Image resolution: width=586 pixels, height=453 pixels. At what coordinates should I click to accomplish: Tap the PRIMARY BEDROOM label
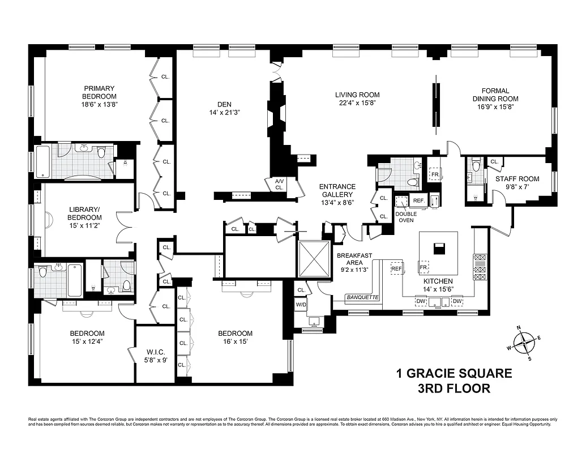coord(100,92)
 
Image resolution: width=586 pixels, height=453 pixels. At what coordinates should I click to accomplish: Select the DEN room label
coord(224,104)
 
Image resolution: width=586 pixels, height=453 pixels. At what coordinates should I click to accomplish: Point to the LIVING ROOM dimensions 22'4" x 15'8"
coord(357,103)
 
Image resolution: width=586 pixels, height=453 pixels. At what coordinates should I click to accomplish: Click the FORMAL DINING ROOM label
coord(495,95)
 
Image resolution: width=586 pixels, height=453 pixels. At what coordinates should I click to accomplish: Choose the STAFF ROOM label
coord(517,179)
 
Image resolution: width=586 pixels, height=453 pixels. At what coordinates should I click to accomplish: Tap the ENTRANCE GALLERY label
coord(337,190)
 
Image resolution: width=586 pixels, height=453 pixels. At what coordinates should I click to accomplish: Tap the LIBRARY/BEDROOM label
coord(84,213)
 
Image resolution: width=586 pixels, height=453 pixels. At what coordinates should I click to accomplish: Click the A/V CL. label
coord(279,184)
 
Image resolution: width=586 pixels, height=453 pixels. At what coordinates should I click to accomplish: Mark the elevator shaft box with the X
coord(313,258)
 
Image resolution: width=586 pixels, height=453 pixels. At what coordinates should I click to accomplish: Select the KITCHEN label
coord(439,281)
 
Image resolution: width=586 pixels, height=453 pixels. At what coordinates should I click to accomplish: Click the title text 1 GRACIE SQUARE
coord(454,374)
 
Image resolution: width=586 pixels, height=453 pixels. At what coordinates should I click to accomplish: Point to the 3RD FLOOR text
coord(454,388)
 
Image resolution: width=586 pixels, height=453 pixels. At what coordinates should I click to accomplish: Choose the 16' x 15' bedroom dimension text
coord(235,342)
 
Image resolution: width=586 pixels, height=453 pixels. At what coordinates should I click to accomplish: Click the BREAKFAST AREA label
coord(354,259)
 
